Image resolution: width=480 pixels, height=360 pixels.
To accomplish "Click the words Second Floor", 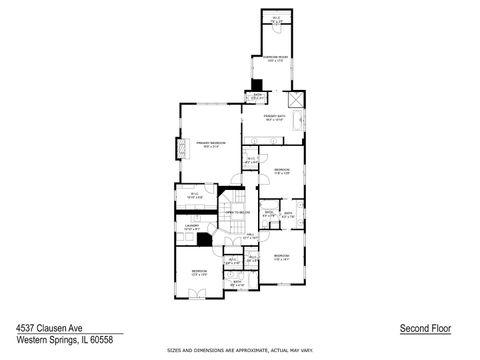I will (x=421, y=327).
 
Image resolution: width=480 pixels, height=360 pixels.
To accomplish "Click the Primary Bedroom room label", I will (x=210, y=144).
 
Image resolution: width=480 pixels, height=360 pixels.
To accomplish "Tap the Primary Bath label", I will (x=275, y=118).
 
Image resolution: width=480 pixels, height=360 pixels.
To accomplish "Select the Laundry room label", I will (x=192, y=228).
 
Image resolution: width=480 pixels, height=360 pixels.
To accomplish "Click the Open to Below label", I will (x=236, y=213).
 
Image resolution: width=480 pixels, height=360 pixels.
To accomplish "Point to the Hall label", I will (x=250, y=236).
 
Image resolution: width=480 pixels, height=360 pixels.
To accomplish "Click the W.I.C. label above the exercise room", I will (x=277, y=19).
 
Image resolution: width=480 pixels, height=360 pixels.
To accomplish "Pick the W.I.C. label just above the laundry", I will (x=195, y=196).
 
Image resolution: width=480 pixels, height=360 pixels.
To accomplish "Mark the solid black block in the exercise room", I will (x=256, y=85).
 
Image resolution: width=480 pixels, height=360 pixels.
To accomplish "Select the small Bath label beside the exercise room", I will (x=257, y=97).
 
